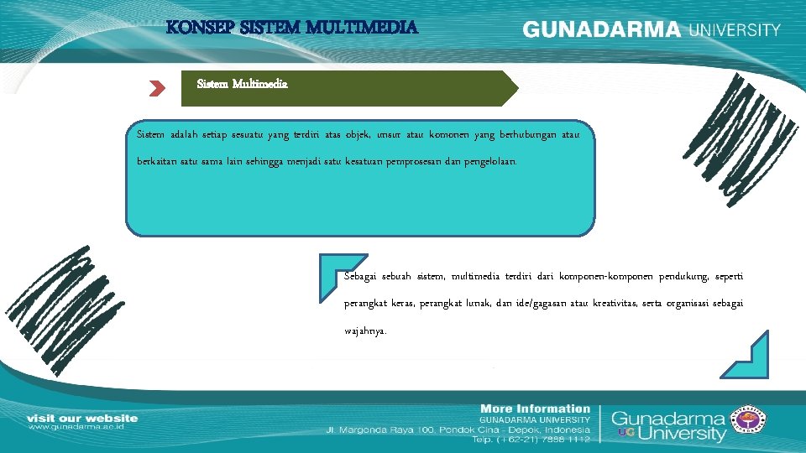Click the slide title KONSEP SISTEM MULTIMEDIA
(291, 28)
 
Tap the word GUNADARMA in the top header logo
(602, 29)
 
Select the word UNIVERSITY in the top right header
(735, 30)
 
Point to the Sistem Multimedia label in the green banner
(243, 84)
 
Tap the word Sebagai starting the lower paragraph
(362, 276)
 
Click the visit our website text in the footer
(82, 418)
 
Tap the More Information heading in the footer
(535, 409)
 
